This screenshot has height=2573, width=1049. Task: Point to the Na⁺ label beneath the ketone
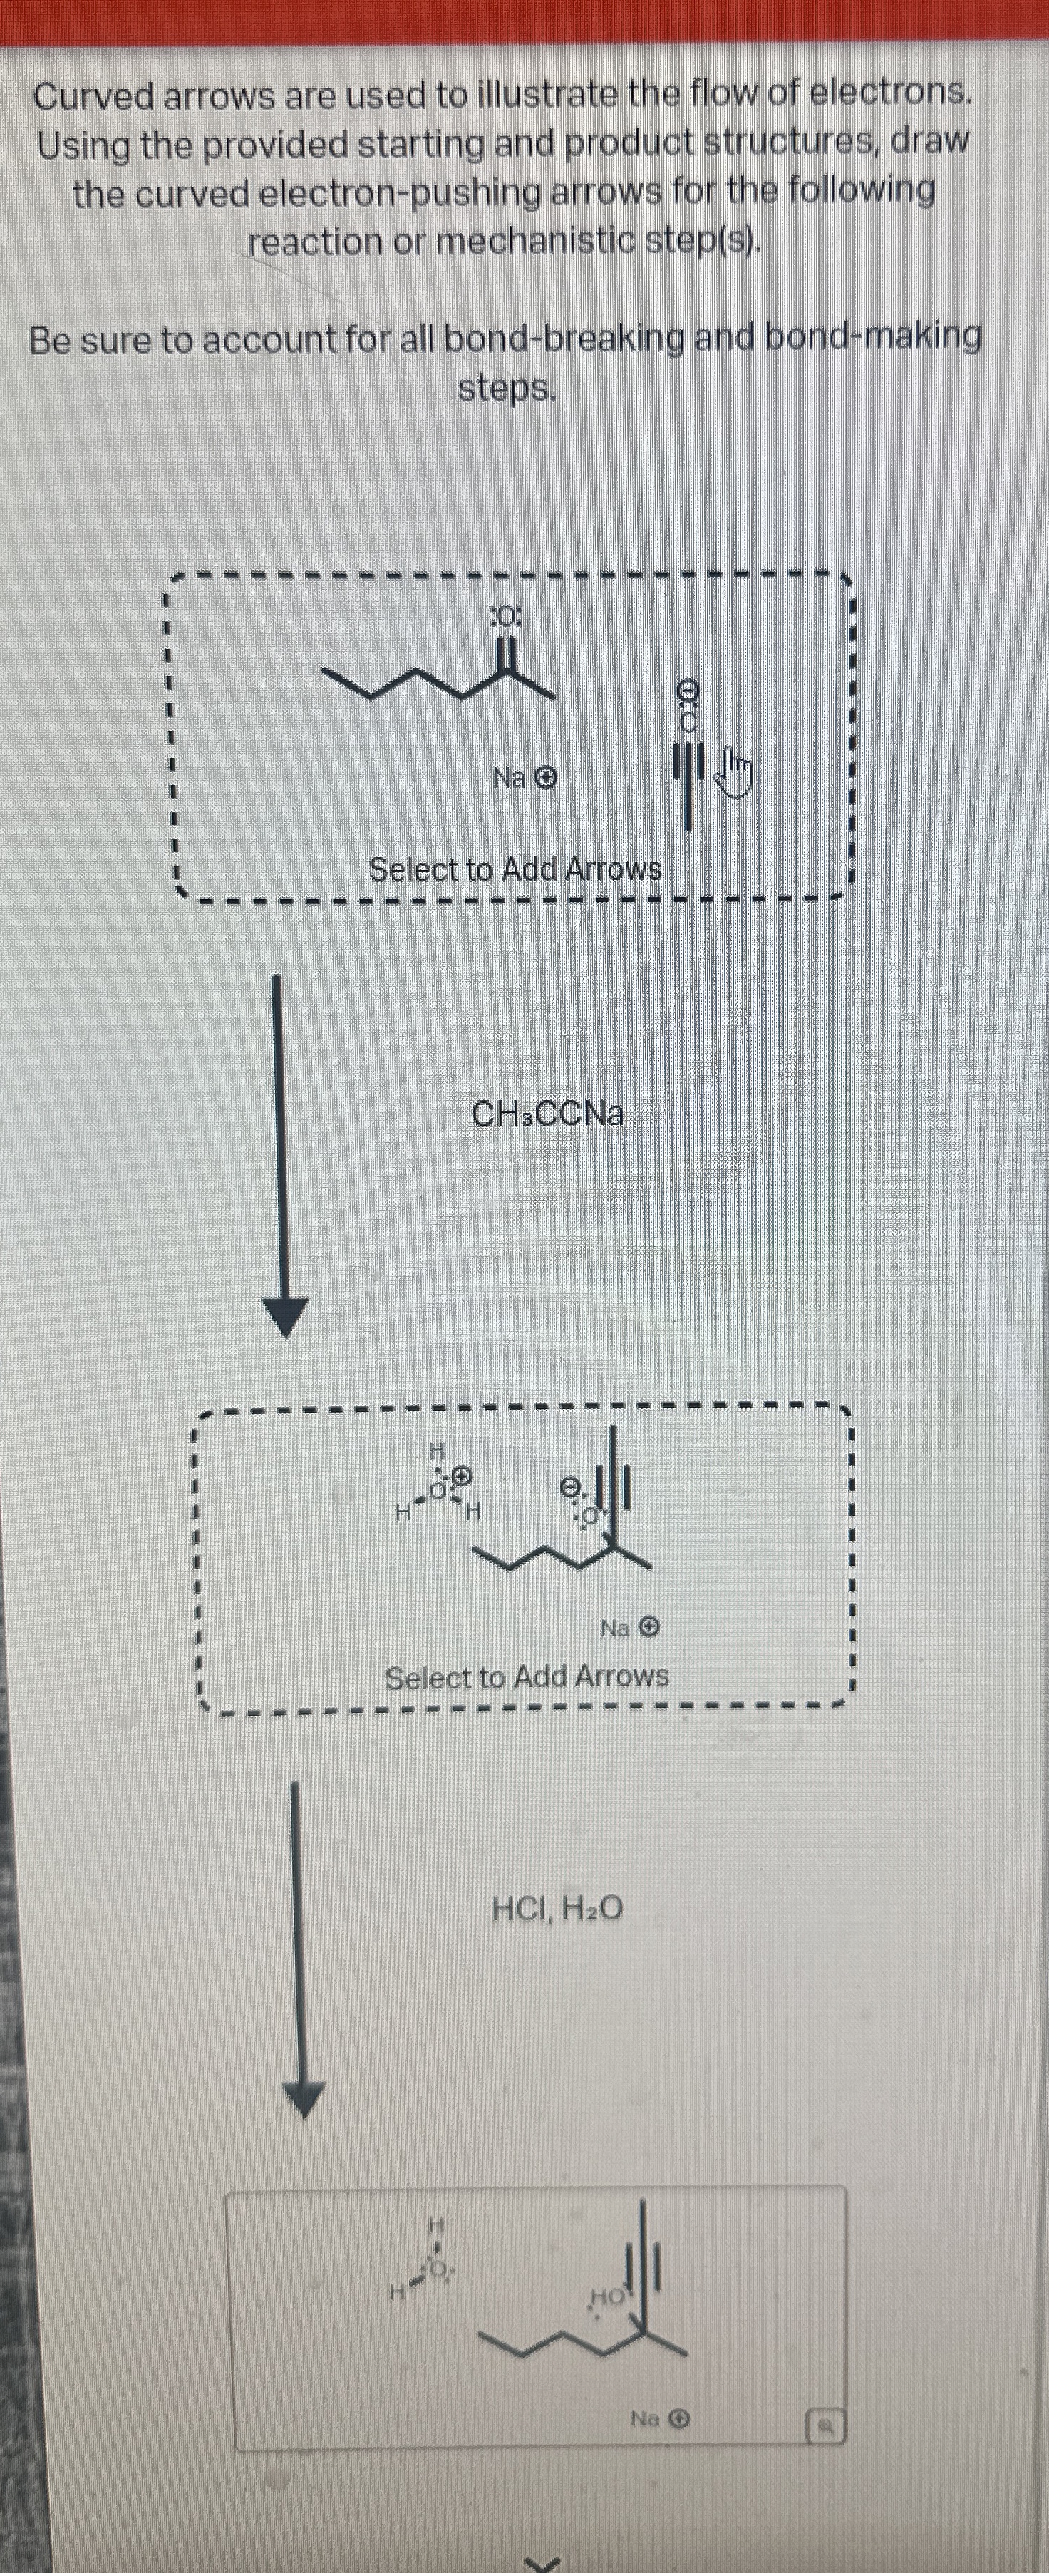point(524,777)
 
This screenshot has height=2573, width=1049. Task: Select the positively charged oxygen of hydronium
point(440,1491)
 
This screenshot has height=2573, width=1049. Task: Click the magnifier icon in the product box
point(826,2424)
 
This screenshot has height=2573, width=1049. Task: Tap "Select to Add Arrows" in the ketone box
point(515,869)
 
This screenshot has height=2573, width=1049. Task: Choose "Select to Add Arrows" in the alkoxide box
point(527,1677)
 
